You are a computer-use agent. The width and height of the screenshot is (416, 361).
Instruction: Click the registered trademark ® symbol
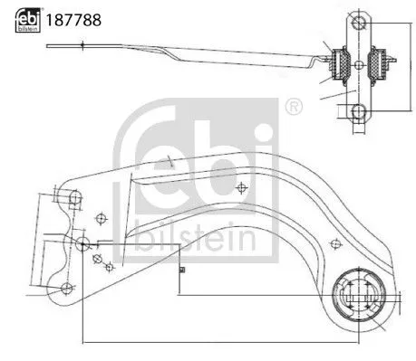pos(292,108)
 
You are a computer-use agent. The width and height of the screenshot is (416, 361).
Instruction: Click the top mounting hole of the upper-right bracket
pos(358,22)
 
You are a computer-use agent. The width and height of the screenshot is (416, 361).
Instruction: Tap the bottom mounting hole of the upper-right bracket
pos(359,111)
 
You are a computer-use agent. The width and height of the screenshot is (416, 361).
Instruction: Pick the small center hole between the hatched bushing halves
pos(359,65)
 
